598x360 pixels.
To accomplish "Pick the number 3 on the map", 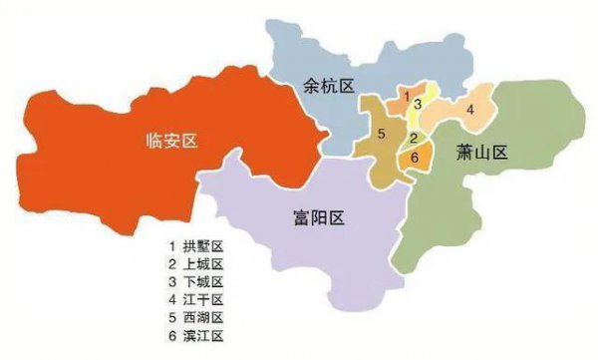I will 419,103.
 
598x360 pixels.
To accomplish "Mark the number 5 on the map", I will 382,133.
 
